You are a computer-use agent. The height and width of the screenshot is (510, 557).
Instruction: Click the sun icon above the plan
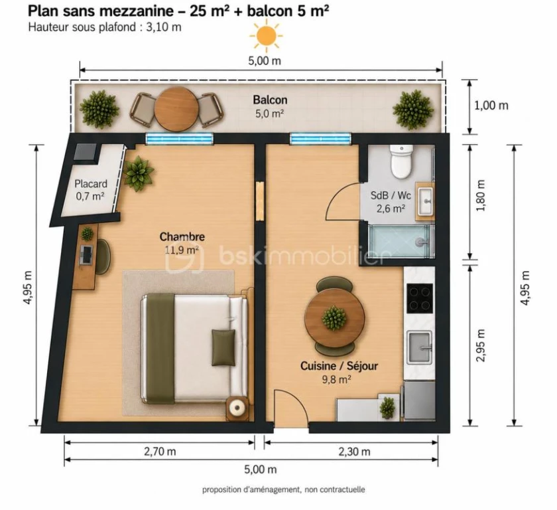(x=266, y=36)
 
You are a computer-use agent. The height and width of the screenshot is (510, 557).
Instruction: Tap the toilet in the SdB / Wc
(x=401, y=161)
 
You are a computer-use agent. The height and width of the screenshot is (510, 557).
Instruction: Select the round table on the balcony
(x=176, y=109)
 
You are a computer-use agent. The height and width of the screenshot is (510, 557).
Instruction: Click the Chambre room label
(x=182, y=236)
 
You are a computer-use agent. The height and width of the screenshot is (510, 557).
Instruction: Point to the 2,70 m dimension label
(x=160, y=452)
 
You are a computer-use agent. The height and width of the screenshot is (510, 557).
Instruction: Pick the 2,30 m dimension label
(x=354, y=452)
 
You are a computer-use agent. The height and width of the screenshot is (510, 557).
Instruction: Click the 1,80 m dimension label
(x=480, y=196)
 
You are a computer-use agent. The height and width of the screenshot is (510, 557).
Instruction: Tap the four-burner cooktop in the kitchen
(x=420, y=298)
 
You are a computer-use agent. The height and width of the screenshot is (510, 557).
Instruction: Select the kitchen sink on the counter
(x=420, y=347)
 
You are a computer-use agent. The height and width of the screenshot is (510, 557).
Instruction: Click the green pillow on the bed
(x=223, y=347)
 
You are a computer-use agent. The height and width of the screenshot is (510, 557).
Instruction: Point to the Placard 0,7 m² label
(x=90, y=189)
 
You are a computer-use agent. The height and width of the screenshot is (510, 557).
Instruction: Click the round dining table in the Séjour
(x=334, y=317)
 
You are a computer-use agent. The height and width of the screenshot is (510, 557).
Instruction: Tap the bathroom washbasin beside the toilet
(x=425, y=200)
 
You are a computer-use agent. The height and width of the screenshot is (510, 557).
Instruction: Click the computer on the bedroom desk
(x=86, y=254)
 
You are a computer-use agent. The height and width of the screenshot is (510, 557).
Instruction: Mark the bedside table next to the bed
(x=237, y=408)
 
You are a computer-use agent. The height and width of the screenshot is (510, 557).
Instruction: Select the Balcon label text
(x=270, y=100)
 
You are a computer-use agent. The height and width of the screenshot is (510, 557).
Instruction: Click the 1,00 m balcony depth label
(x=491, y=106)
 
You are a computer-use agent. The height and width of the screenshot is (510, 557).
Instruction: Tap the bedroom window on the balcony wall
(x=180, y=139)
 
